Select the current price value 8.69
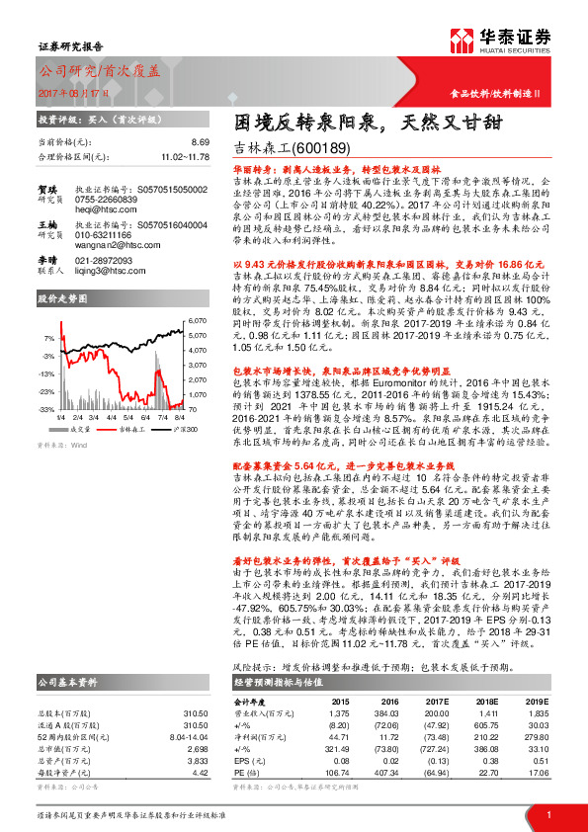pyautogui.click(x=200, y=143)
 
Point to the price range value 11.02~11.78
pyautogui.click(x=185, y=156)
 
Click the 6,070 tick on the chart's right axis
pyautogui.click(x=197, y=322)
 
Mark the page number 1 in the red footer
pyautogui.click(x=547, y=814)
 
